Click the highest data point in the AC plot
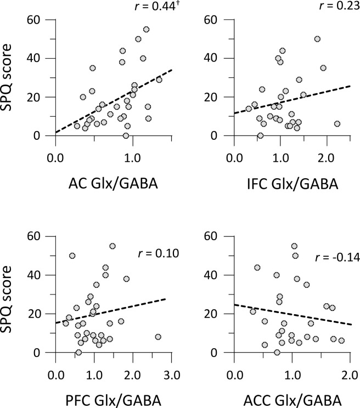tap(146, 30)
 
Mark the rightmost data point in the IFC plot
tap(337, 124)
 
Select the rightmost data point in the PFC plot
tap(158, 337)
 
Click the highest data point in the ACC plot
tap(294, 246)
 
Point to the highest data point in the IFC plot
tap(317, 39)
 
